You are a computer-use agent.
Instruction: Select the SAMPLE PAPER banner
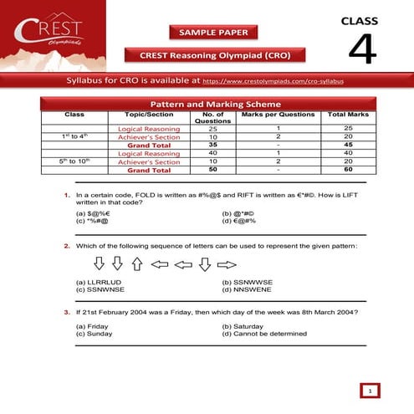pos(213,33)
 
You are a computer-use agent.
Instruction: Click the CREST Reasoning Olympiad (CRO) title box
pos(214,55)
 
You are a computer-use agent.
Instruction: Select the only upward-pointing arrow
pos(136,264)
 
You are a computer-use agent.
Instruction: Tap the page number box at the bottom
pos(368,390)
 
